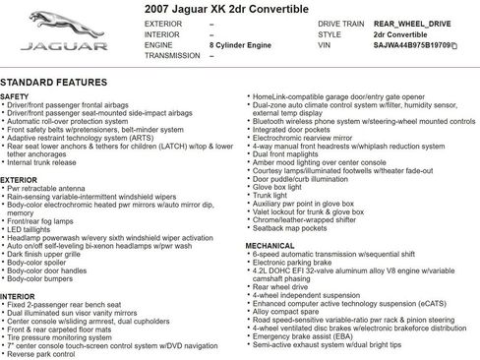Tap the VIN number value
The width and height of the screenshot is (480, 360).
pyautogui.click(x=413, y=46)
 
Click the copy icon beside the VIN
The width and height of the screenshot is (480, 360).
pyautogui.click(x=453, y=46)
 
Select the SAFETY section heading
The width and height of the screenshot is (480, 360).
pyautogui.click(x=15, y=97)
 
